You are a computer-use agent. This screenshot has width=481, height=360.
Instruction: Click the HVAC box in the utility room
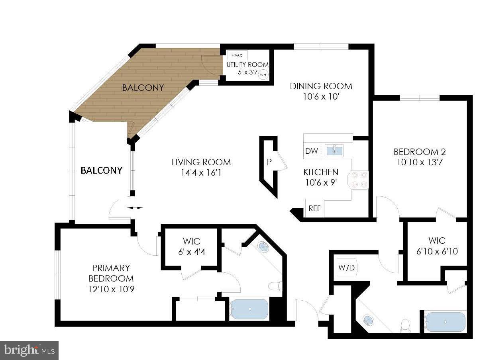(x=238, y=55)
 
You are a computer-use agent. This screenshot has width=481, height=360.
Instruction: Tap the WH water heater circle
(x=263, y=74)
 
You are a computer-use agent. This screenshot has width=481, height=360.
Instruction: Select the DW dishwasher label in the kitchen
(x=311, y=151)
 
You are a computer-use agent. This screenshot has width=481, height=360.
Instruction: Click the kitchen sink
(x=334, y=151)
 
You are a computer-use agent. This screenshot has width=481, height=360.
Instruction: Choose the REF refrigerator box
(x=314, y=208)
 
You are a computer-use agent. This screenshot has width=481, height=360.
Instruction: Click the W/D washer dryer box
(x=346, y=268)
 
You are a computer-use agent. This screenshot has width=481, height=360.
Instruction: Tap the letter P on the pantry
(x=269, y=162)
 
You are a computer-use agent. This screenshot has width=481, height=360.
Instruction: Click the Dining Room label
(x=321, y=86)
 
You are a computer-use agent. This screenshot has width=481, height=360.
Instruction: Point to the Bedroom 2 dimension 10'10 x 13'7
(x=419, y=162)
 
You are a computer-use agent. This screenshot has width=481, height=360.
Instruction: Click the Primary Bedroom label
(x=111, y=273)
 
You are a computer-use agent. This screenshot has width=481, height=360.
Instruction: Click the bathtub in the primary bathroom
(x=249, y=309)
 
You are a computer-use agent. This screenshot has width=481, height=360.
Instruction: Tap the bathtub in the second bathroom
(x=445, y=322)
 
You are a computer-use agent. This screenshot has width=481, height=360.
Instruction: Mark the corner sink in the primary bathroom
(x=263, y=247)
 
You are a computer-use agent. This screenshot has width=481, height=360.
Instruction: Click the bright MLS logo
(x=29, y=350)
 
